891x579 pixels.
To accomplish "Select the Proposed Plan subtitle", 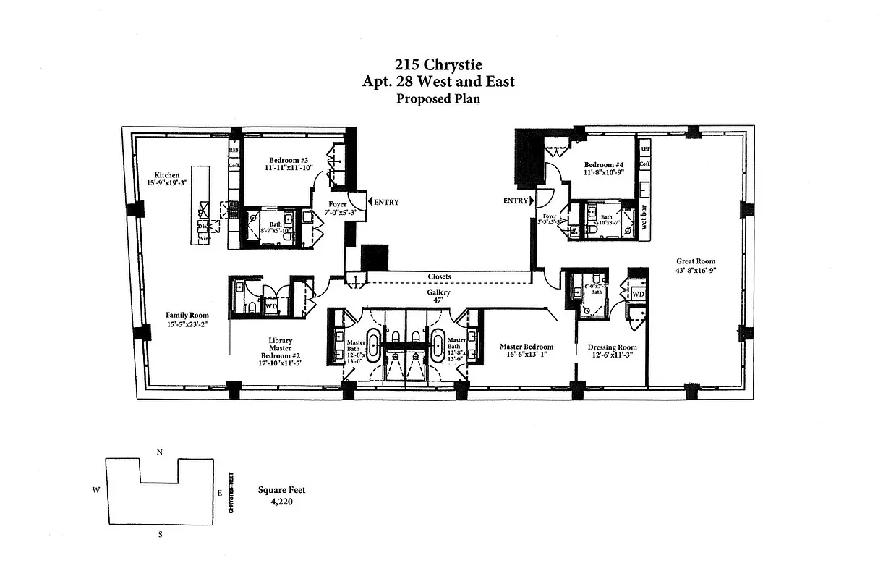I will pos(438,99).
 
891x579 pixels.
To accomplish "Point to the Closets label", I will pos(440,276).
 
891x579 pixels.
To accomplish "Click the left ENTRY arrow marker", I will pos(371,202).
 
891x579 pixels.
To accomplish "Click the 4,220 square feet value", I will pos(281,500).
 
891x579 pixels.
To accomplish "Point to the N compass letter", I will pos(159,452).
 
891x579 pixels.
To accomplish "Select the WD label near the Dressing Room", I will pos(637,295).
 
